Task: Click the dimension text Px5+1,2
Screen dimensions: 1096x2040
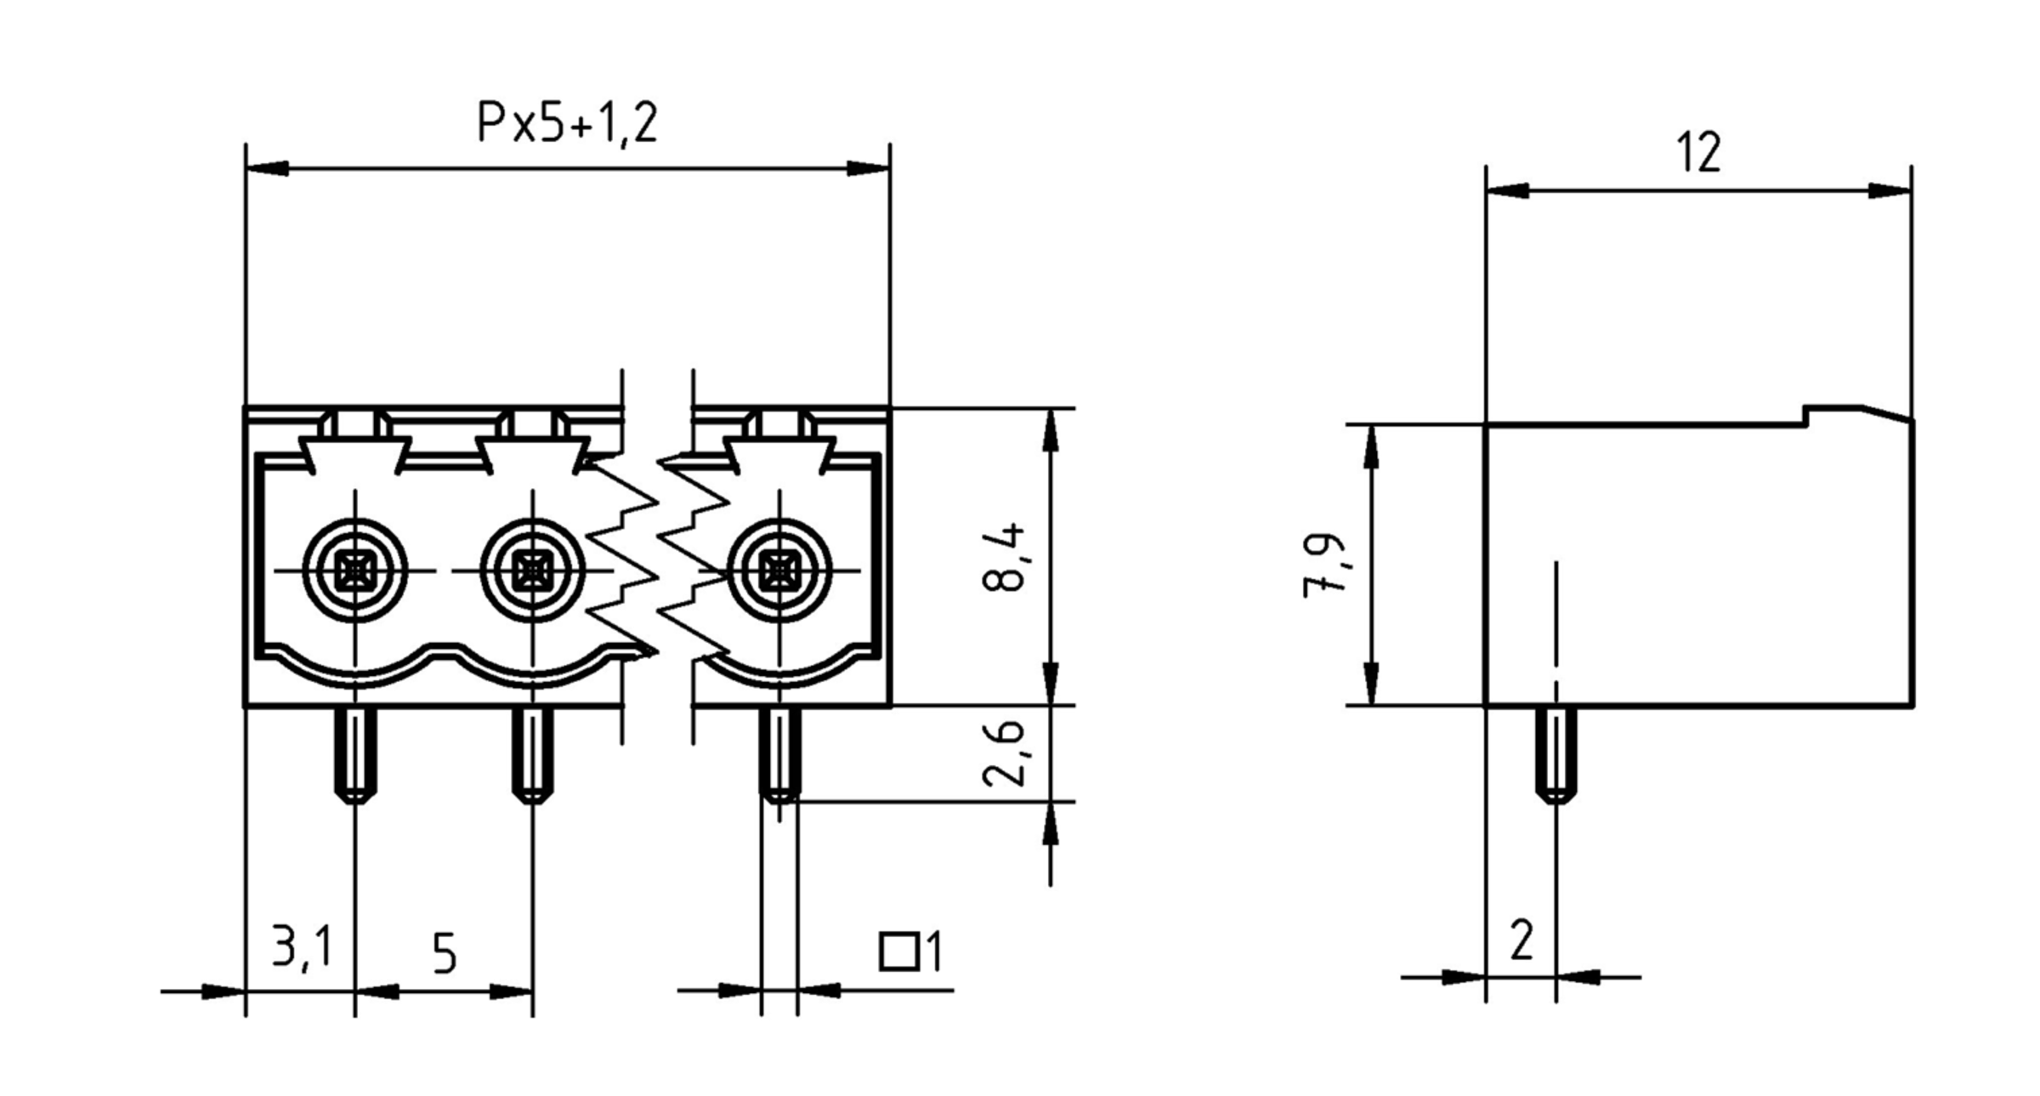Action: [567, 124]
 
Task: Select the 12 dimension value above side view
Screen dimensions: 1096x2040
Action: [1698, 153]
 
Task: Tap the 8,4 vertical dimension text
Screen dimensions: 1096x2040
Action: [1004, 558]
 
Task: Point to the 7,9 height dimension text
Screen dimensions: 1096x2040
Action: [1324, 565]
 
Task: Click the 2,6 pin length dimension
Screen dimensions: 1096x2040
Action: [1004, 753]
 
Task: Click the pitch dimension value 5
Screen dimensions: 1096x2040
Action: [445, 954]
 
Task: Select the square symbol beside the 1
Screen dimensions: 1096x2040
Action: [898, 951]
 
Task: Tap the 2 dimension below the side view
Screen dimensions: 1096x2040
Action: [1521, 940]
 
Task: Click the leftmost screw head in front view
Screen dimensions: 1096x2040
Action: [354, 570]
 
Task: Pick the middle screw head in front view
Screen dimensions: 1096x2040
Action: [532, 570]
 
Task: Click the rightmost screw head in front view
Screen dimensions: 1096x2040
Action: [779, 570]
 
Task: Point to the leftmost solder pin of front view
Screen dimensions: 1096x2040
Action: [355, 753]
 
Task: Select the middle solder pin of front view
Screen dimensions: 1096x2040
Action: [532, 753]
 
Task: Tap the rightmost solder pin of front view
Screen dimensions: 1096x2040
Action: [779, 753]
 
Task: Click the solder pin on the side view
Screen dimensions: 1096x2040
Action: [1555, 753]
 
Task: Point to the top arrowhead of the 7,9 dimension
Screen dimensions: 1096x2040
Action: [1370, 446]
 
